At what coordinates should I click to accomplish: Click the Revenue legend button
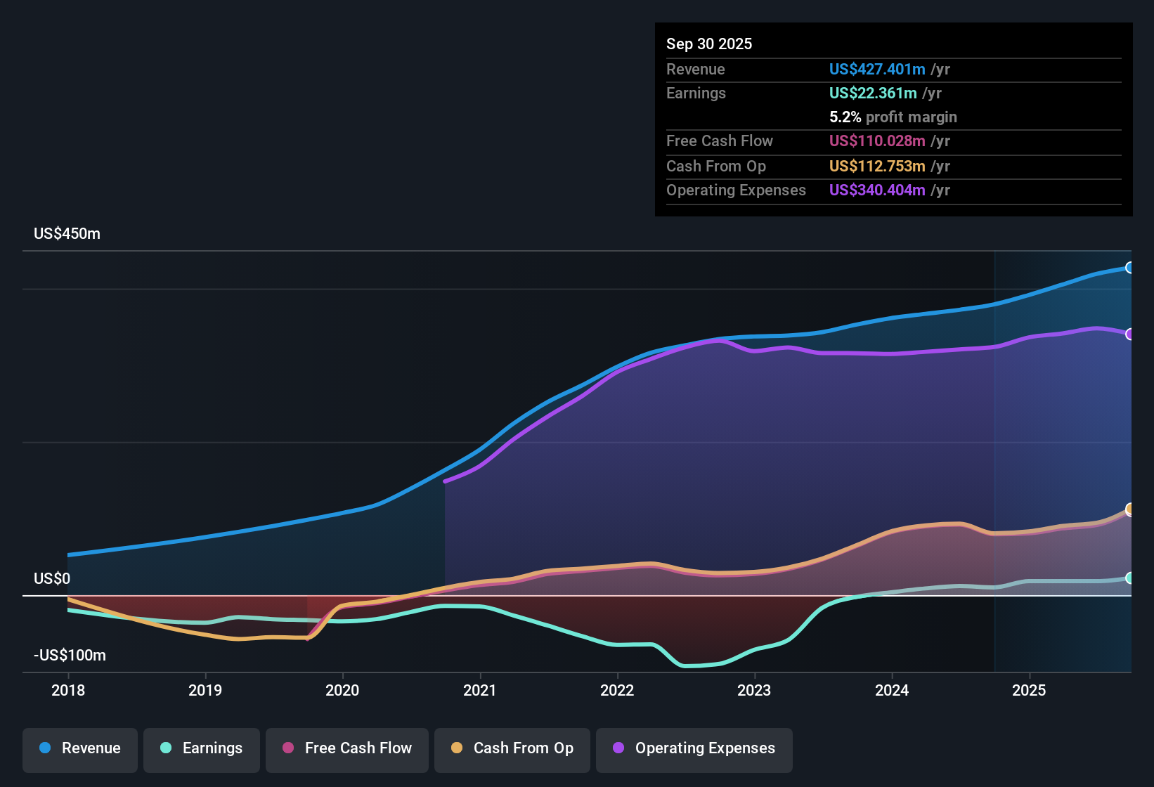tap(80, 748)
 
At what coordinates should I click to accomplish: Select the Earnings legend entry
tap(202, 748)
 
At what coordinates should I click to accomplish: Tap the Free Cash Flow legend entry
tap(347, 748)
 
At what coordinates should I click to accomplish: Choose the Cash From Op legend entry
tap(512, 748)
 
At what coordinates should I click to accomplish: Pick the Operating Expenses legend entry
tap(694, 748)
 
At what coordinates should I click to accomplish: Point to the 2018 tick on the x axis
tap(68, 690)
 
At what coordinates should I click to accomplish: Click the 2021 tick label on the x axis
tap(480, 690)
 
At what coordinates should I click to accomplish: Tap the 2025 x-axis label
tap(1029, 690)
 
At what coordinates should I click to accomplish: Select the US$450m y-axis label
tap(67, 234)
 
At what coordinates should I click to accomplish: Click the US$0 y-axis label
tap(52, 579)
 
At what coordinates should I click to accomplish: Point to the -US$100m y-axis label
tap(70, 656)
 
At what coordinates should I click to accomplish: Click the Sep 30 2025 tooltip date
tap(709, 44)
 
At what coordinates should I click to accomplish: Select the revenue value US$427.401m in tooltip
tap(877, 70)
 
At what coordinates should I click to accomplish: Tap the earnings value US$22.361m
tap(873, 93)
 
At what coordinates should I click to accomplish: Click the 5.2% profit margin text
tap(893, 117)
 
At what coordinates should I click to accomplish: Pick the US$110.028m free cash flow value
tap(877, 141)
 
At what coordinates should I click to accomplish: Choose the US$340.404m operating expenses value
tap(877, 190)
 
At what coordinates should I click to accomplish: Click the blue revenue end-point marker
tap(1129, 268)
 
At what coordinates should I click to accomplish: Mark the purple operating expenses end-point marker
tap(1129, 334)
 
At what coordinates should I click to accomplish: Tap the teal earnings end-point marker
tap(1129, 578)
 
